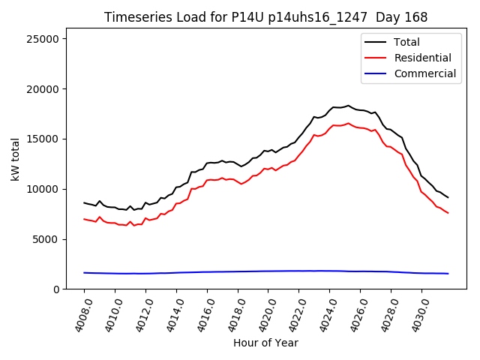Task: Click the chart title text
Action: [260, 17]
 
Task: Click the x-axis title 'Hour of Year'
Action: [265, 343]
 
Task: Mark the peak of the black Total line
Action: [348, 106]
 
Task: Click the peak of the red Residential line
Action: [348, 123]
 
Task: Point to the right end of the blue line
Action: [448, 274]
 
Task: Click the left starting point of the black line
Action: [84, 202]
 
